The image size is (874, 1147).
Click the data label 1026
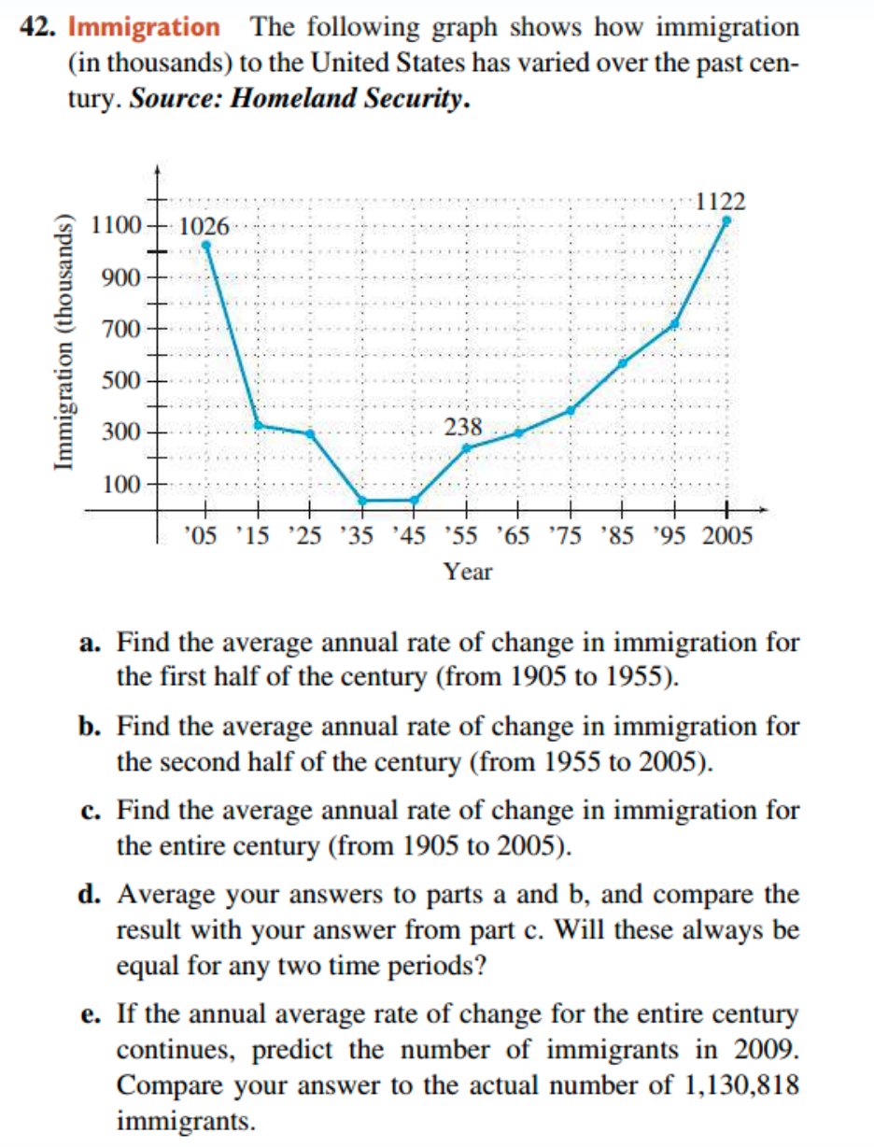202,226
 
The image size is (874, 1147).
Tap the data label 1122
720,201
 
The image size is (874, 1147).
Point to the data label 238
463,428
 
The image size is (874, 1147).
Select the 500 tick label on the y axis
124,381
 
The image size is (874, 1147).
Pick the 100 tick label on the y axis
124,484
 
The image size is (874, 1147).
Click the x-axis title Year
468,572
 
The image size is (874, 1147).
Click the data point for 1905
206,246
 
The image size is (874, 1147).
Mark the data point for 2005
725,221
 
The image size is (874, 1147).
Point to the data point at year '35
361,501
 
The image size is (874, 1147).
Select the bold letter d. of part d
90,896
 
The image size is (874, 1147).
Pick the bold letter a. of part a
90,644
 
